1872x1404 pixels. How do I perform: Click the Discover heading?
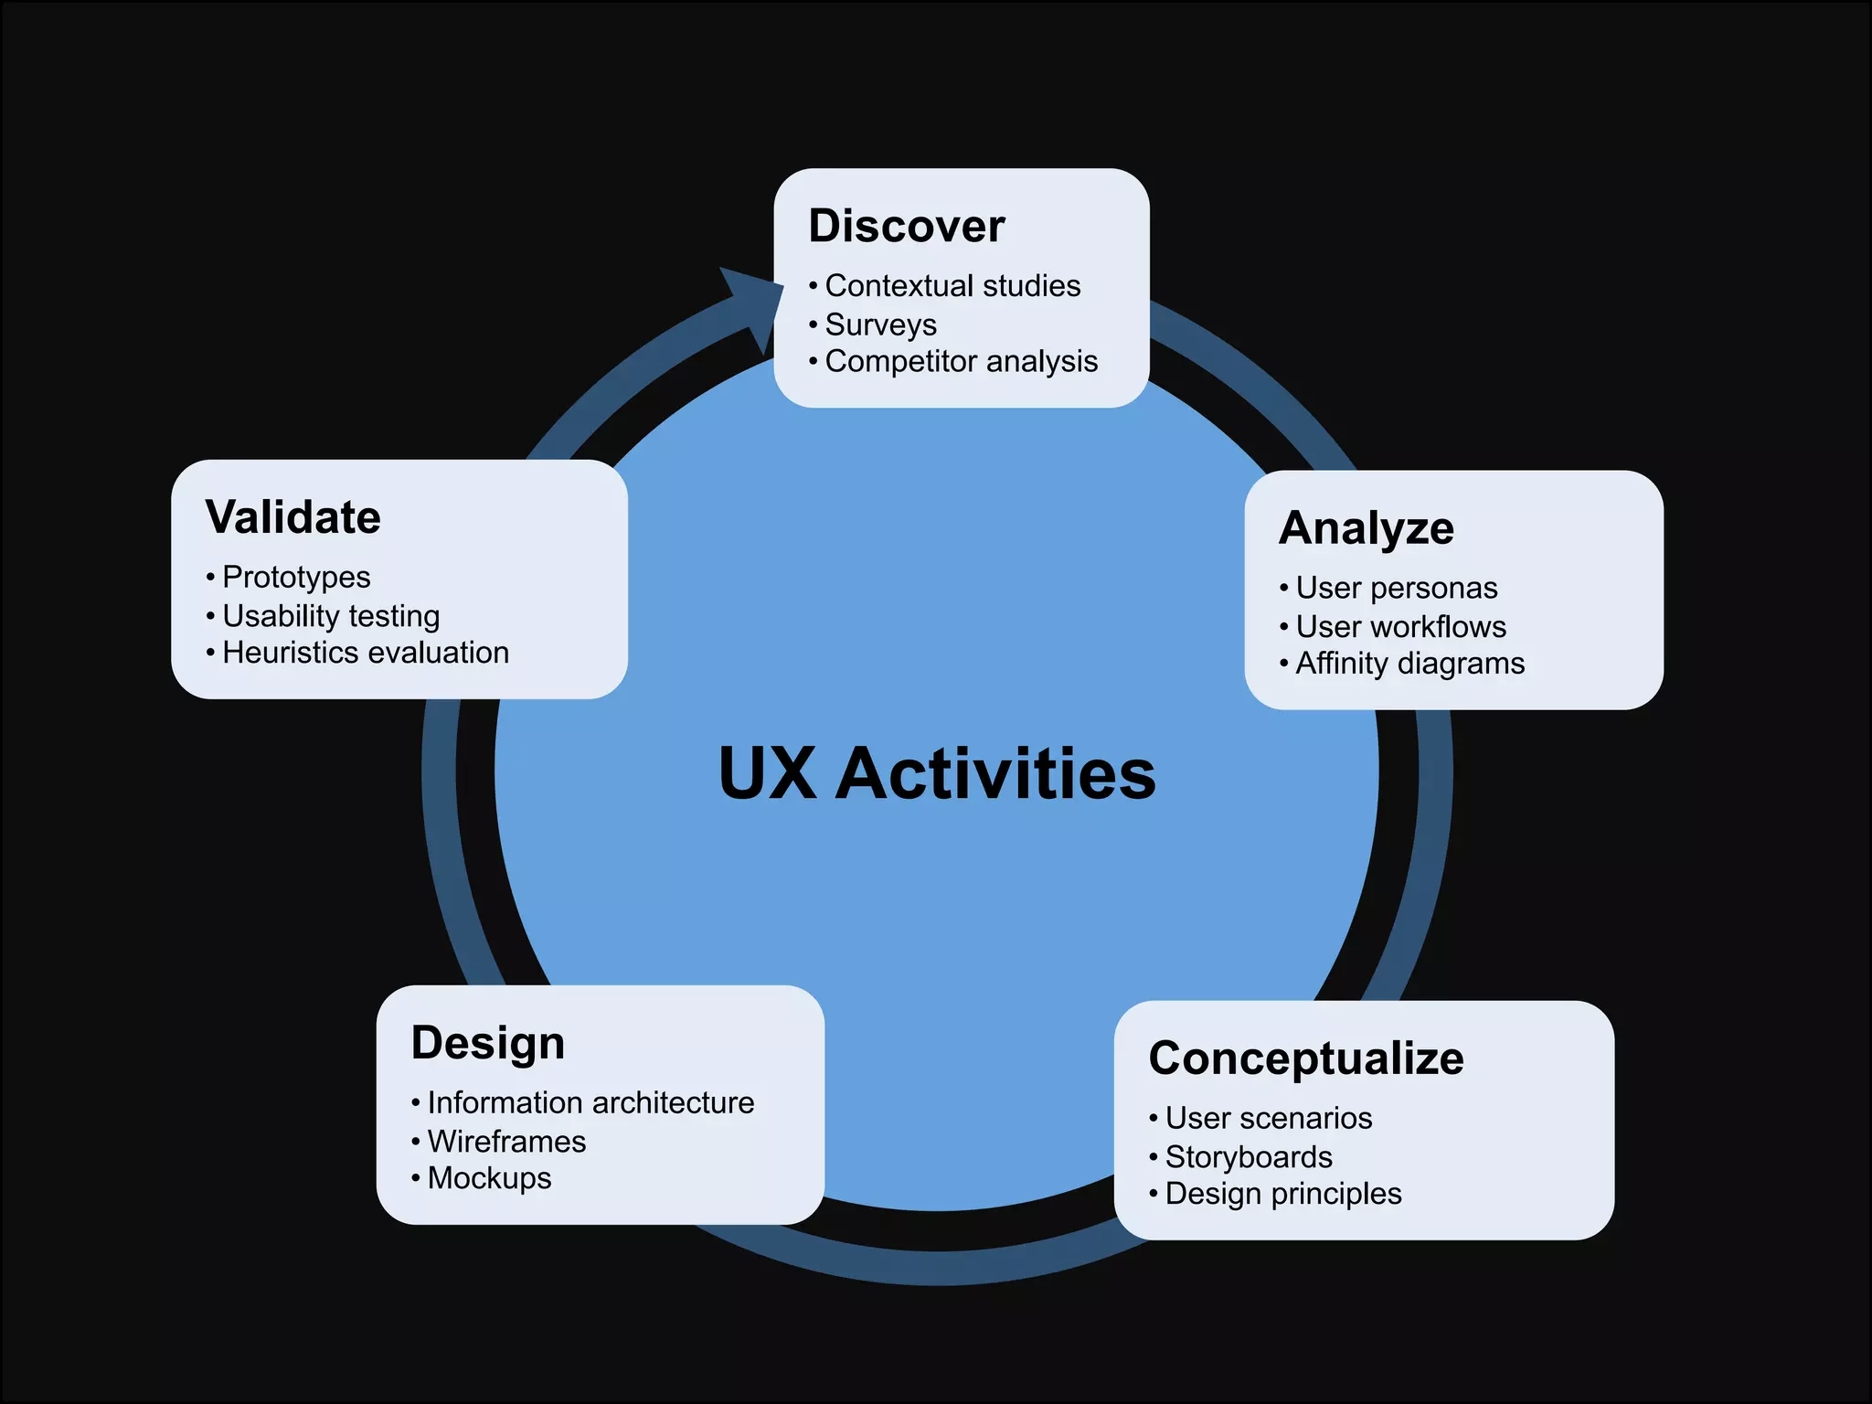(x=907, y=226)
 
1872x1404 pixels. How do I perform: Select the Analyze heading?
(x=1367, y=528)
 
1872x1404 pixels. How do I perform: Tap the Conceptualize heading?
(x=1306, y=1058)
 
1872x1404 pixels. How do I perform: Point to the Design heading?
(x=488, y=1043)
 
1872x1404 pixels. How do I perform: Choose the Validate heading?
(x=293, y=517)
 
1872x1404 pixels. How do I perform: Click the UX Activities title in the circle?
(x=937, y=773)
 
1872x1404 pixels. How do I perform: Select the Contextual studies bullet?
(x=952, y=286)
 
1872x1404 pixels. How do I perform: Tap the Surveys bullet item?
(x=880, y=324)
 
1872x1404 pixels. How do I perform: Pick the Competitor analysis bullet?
(x=961, y=361)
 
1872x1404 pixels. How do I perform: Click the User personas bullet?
(x=1397, y=588)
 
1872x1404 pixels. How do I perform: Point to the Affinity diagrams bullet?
(x=1409, y=663)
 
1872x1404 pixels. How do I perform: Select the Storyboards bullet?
(x=1249, y=1157)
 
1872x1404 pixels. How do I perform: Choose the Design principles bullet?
(x=1283, y=1194)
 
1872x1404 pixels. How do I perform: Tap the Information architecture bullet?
(x=590, y=1103)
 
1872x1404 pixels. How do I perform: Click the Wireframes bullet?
(x=506, y=1142)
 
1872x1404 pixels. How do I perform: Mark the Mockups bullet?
(x=489, y=1178)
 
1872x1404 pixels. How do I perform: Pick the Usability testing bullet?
(x=331, y=616)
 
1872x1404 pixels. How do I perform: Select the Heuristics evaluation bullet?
(x=366, y=653)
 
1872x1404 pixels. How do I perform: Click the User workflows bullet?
(x=1400, y=627)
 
